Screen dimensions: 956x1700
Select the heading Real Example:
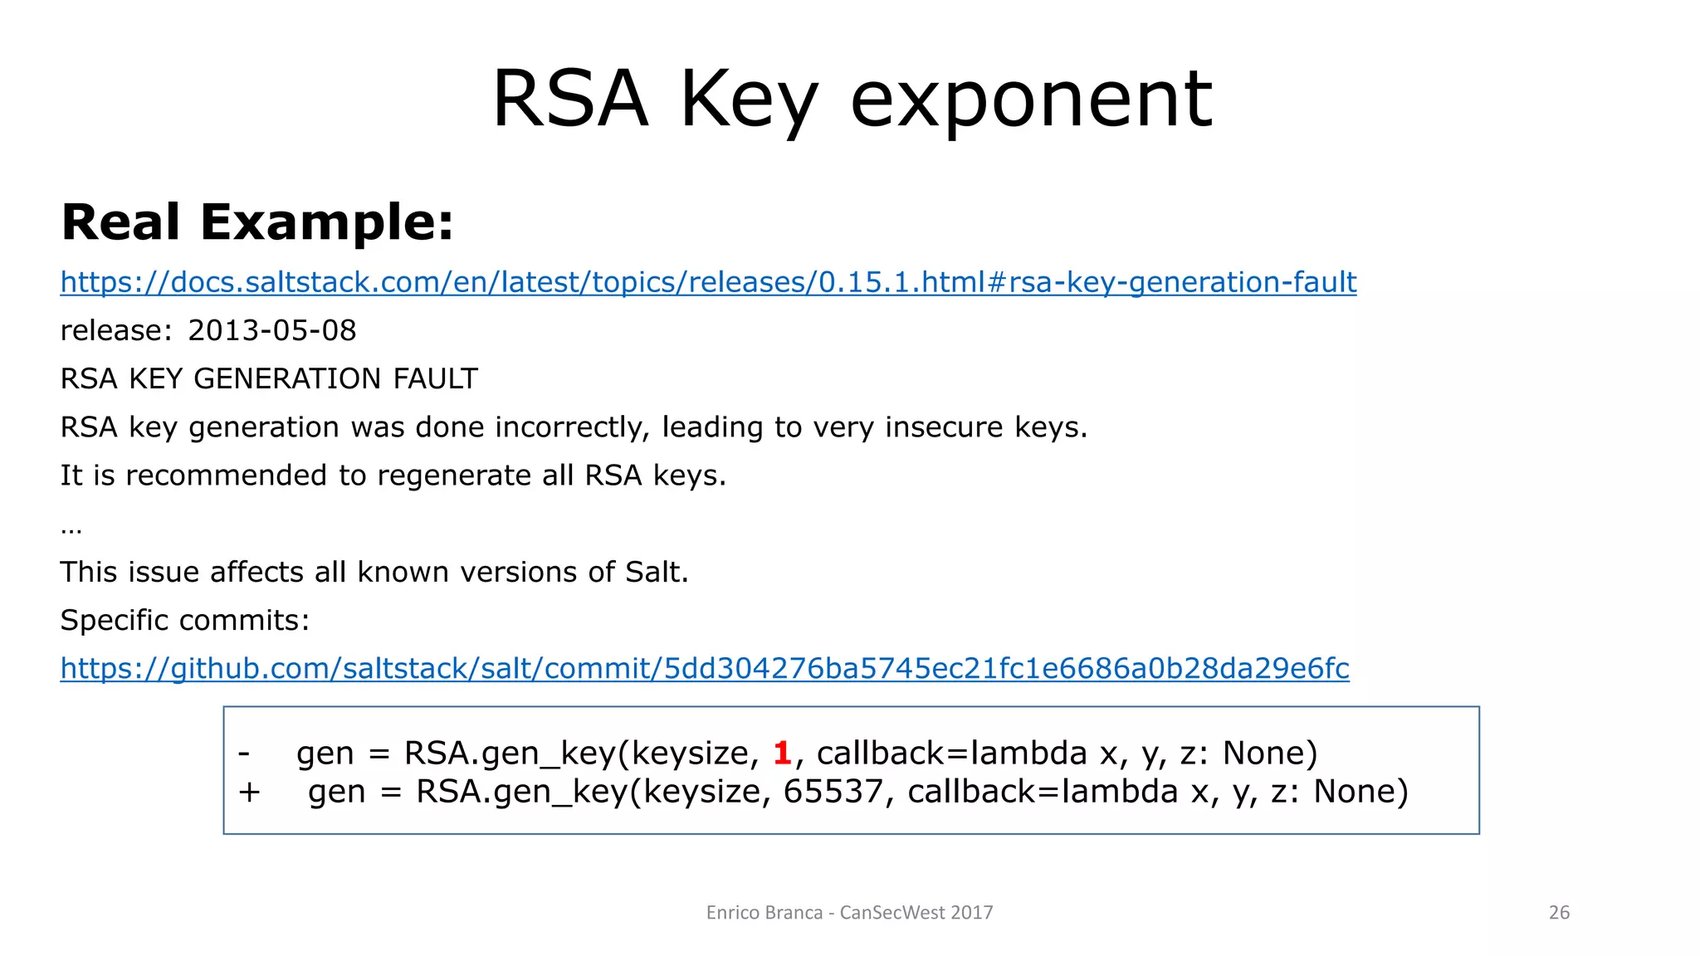[x=257, y=222]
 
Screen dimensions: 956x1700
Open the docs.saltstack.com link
[x=708, y=282]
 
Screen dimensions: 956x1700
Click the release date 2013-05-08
[x=271, y=330]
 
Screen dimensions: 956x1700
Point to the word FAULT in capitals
[x=435, y=378]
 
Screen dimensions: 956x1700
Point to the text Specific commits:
[x=184, y=620]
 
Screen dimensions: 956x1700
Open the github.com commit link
[x=705, y=668]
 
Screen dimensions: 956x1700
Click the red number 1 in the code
[x=781, y=753]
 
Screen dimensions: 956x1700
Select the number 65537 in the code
[x=833, y=791]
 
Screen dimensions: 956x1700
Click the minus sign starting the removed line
[x=244, y=753]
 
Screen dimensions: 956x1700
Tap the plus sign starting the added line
[x=249, y=791]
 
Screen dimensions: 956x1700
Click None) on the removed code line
[x=1270, y=753]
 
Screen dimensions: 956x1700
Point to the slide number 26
[x=1559, y=913]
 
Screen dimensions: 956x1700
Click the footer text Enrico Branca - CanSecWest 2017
[x=849, y=913]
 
